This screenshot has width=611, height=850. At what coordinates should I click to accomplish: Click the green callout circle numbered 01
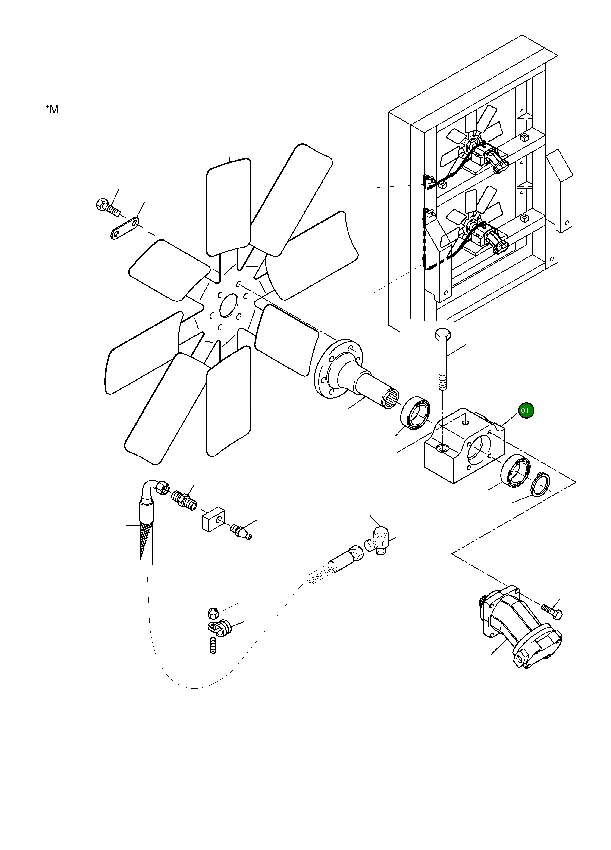(x=526, y=411)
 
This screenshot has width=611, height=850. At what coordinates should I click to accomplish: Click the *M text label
(x=52, y=109)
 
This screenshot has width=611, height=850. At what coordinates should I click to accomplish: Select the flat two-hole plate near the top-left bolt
(x=125, y=228)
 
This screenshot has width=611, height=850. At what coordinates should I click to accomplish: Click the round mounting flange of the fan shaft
(x=338, y=369)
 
